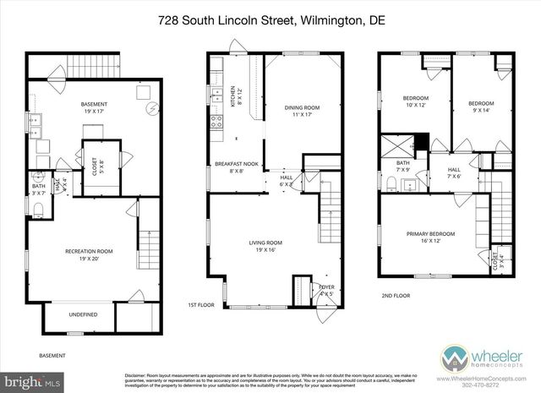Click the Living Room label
point(265,246)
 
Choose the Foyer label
point(325,290)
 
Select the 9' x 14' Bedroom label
point(480,106)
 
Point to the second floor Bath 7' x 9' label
point(402,167)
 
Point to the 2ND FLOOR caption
point(396,296)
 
